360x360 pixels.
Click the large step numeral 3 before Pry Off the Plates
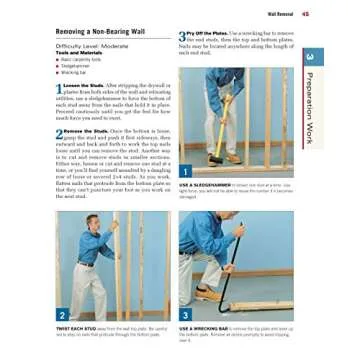coord(183,35)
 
